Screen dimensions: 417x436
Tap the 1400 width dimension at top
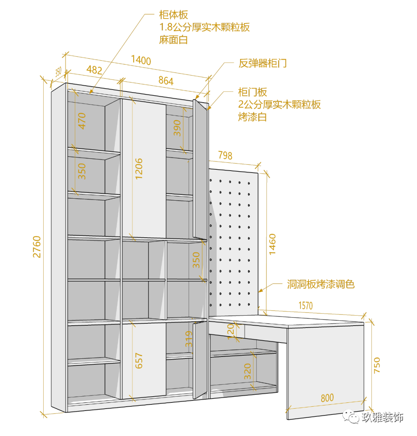point(141,60)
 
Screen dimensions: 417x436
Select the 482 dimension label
point(94,70)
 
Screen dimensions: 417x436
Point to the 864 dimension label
point(166,81)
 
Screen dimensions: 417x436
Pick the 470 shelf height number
point(82,121)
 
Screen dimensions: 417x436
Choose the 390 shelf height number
point(177,128)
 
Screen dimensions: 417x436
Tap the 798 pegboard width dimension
point(225,155)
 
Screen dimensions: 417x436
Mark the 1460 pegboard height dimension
point(272,243)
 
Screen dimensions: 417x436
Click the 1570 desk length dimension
point(305,306)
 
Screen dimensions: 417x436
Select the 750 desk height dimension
point(377,365)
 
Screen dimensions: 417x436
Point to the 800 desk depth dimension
point(327,398)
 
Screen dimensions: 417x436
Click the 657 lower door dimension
point(139,360)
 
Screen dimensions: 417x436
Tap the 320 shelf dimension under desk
point(247,371)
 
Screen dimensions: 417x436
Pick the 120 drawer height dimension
point(231,331)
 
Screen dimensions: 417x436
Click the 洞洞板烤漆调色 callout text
point(321,285)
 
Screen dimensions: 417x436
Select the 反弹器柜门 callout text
point(263,63)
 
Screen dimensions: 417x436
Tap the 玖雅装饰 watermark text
point(382,417)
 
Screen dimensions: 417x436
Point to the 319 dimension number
point(189,339)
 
